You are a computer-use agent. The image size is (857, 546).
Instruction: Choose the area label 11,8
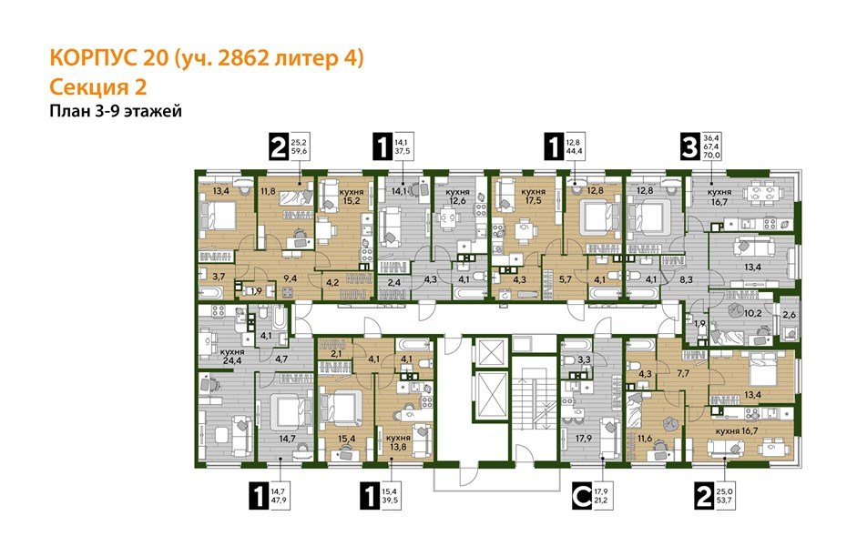coord(268,191)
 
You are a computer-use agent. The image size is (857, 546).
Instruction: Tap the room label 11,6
coord(646,439)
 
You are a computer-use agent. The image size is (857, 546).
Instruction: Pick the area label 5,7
coord(564,280)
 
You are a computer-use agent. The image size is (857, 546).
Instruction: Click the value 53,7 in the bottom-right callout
coord(725,500)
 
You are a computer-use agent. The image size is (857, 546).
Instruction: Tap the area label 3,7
coord(219,275)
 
